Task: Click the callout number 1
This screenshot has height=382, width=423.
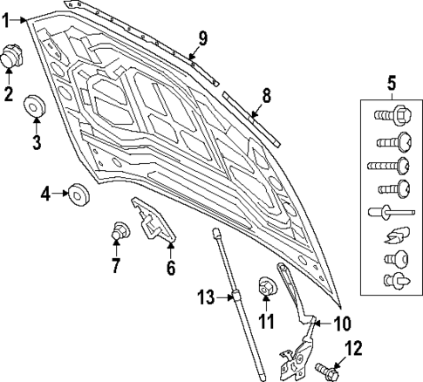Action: coord(8,17)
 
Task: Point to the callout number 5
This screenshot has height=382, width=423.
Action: coord(392,84)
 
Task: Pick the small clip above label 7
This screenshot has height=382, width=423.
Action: coord(120,231)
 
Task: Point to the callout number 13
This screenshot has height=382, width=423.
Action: coord(204,297)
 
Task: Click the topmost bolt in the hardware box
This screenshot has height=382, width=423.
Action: coord(390,114)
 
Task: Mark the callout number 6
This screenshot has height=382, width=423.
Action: coord(171,268)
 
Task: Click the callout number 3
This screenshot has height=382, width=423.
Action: coord(37,142)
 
